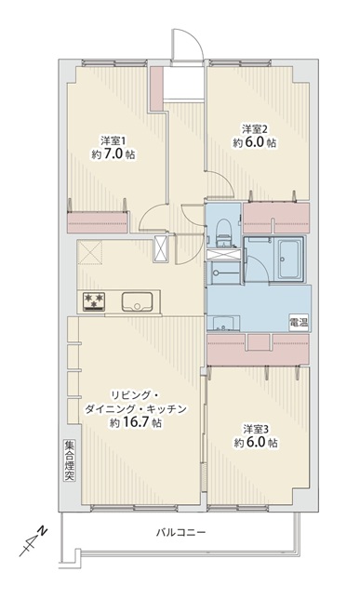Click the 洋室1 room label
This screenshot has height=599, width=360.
[113, 140]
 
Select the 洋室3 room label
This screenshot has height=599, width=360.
[256, 429]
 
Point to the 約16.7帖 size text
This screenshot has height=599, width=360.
[135, 423]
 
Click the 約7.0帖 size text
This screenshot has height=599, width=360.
[113, 154]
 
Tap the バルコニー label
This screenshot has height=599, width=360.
[180, 532]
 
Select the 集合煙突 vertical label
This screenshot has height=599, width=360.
[70, 460]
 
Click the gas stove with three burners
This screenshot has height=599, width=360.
[94, 301]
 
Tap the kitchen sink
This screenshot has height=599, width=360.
[137, 301]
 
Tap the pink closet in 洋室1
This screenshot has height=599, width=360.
[98, 222]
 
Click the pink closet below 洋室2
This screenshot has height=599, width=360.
[276, 218]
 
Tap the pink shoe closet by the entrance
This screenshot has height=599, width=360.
[156, 88]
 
